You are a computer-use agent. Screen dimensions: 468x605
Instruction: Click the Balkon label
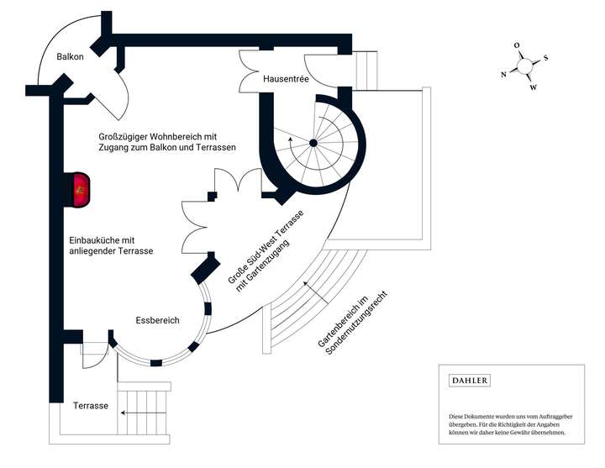pos(70,57)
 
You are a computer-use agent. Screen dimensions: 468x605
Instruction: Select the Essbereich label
pos(157,320)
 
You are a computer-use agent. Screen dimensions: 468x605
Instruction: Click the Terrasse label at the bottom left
pos(90,406)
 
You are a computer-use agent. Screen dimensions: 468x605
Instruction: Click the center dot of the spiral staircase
pos(313,144)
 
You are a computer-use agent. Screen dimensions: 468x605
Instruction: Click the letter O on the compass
pos(517,46)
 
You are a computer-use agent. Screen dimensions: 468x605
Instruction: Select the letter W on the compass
pos(533,87)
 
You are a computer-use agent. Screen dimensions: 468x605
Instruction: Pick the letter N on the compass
pos(503,74)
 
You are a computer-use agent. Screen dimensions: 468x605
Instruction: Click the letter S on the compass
pos(545,58)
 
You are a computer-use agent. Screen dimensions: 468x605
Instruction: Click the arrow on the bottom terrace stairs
pos(134,413)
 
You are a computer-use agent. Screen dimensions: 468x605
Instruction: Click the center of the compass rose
pos(524,66)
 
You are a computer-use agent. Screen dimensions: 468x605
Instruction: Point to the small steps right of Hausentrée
pos(367,69)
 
